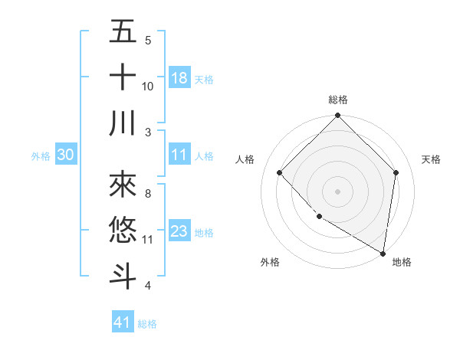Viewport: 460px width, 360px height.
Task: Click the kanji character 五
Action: click(x=123, y=32)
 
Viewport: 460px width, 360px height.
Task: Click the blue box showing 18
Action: click(x=179, y=77)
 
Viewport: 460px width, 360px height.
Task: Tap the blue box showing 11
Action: click(x=179, y=155)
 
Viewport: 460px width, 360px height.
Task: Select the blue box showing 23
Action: click(x=179, y=232)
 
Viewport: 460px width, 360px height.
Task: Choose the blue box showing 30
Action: click(x=65, y=155)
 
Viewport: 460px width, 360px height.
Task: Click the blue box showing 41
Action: click(x=123, y=322)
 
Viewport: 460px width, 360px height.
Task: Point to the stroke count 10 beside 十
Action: click(x=148, y=86)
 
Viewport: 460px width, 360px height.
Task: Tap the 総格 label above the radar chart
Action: click(x=337, y=100)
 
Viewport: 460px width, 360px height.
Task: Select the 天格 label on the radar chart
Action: click(x=431, y=159)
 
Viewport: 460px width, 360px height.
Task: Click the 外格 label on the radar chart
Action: click(x=270, y=262)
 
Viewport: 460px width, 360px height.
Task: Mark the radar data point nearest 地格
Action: click(x=383, y=253)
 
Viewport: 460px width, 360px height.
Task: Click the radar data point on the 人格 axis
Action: click(x=280, y=172)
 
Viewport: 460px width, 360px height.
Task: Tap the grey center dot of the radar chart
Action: click(x=337, y=191)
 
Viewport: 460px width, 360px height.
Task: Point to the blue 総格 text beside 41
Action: click(x=147, y=324)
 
